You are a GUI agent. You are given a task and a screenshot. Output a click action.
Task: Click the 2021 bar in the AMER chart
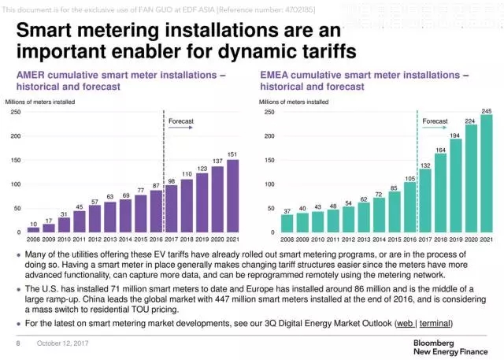pos(232,196)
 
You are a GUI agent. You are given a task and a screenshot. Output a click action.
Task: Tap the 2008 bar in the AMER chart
pos(33,230)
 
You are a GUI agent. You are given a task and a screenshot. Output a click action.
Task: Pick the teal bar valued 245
pos(487,174)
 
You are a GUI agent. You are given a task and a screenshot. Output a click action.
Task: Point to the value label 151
pos(232,154)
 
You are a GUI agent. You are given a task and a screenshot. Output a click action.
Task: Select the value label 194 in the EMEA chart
pos(456,135)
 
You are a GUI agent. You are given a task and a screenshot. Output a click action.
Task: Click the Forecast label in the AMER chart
pos(181,121)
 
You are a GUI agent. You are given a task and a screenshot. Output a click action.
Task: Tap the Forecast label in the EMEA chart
pos(435,121)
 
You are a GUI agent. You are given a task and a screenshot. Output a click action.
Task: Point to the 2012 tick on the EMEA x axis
pos(349,239)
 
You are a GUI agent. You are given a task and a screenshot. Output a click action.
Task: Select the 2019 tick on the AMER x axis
pos(202,239)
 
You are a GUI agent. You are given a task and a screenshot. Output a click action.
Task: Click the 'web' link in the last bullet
pos(405,324)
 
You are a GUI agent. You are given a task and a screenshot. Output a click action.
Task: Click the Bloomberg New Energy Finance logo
pos(450,347)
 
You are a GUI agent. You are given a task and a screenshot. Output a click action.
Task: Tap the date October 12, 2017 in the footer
pos(60,344)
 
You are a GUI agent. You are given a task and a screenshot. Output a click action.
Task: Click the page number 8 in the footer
pos(17,344)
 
